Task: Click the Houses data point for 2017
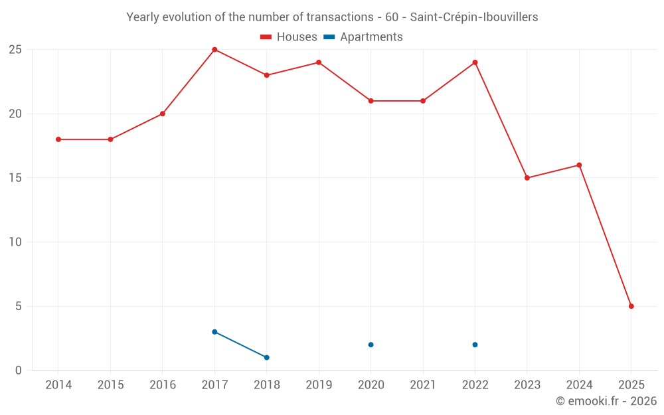pos(214,50)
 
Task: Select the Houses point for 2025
pos(631,306)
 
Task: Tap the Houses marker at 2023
pos(527,178)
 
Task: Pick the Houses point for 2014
pos(58,139)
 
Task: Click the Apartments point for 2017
pos(214,332)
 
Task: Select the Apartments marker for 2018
pos(266,357)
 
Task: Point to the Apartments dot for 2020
pos(371,345)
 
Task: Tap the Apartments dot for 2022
pos(475,345)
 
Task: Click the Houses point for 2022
pos(475,62)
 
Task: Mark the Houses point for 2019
pos(319,62)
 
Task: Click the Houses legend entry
pos(289,37)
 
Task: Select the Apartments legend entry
pos(363,37)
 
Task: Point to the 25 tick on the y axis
pos(15,50)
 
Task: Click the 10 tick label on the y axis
pos(15,242)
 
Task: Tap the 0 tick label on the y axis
pos(19,371)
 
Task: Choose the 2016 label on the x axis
pos(163,385)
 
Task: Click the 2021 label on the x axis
pos(423,385)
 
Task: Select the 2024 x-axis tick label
pos(579,385)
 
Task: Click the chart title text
pos(332,17)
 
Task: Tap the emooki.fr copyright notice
pos(606,401)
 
